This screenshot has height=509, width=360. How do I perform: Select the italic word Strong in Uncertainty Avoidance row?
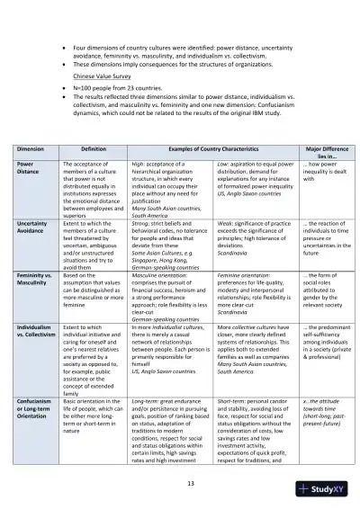pyautogui.click(x=141, y=221)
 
